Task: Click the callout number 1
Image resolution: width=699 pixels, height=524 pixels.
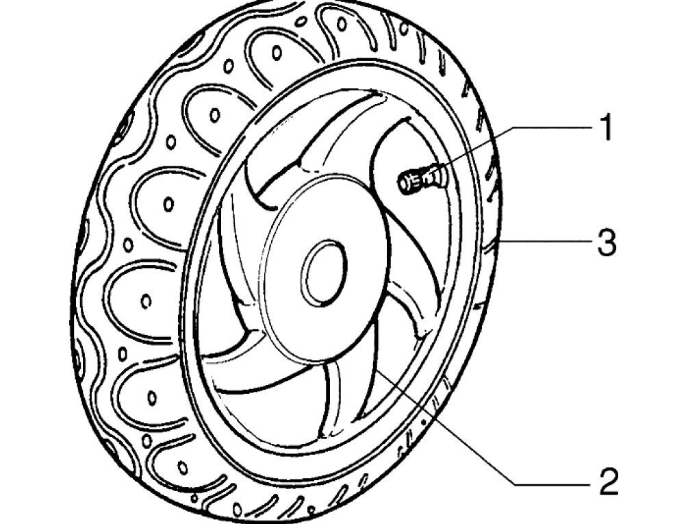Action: tap(605, 128)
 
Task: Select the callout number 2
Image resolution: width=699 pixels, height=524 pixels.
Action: tap(608, 482)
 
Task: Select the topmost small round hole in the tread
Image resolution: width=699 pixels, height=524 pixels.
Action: tap(277, 51)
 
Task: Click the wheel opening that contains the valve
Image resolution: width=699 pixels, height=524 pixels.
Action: tap(411, 205)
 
